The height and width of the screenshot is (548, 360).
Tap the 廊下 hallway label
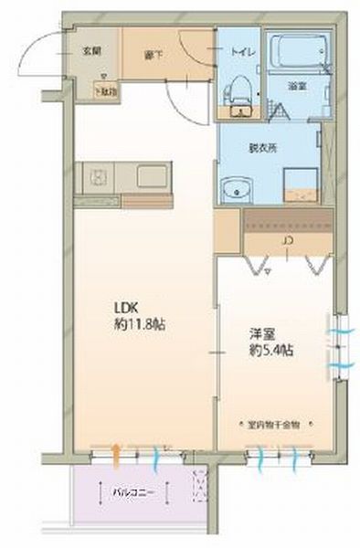click(x=153, y=54)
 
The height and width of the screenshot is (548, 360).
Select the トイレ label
click(x=242, y=52)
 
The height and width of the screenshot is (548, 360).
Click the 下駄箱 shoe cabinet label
click(x=107, y=90)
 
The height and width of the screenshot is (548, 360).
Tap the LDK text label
click(x=125, y=307)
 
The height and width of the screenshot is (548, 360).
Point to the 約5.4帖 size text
click(x=271, y=351)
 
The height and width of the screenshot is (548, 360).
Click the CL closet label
click(x=287, y=242)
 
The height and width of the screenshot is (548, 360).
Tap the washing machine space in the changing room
click(x=299, y=184)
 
